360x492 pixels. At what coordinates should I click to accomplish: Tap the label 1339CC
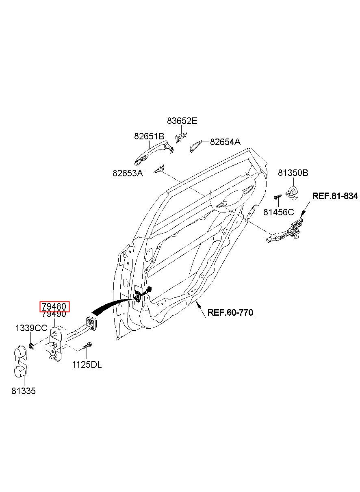point(31,328)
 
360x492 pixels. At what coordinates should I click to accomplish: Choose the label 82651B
point(149,137)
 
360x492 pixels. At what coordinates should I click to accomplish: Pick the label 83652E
point(182,121)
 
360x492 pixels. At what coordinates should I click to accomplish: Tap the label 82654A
point(225,142)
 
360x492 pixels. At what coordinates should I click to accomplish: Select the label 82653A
point(128,173)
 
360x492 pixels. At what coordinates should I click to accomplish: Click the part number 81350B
point(293,173)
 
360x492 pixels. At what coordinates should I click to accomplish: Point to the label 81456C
point(278,212)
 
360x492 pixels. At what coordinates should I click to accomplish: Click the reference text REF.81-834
point(335,196)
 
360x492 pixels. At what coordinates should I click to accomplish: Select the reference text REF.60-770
point(230,312)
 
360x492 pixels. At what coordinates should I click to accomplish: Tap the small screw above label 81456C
point(278,197)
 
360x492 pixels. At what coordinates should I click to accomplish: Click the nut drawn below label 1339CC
point(31,347)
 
